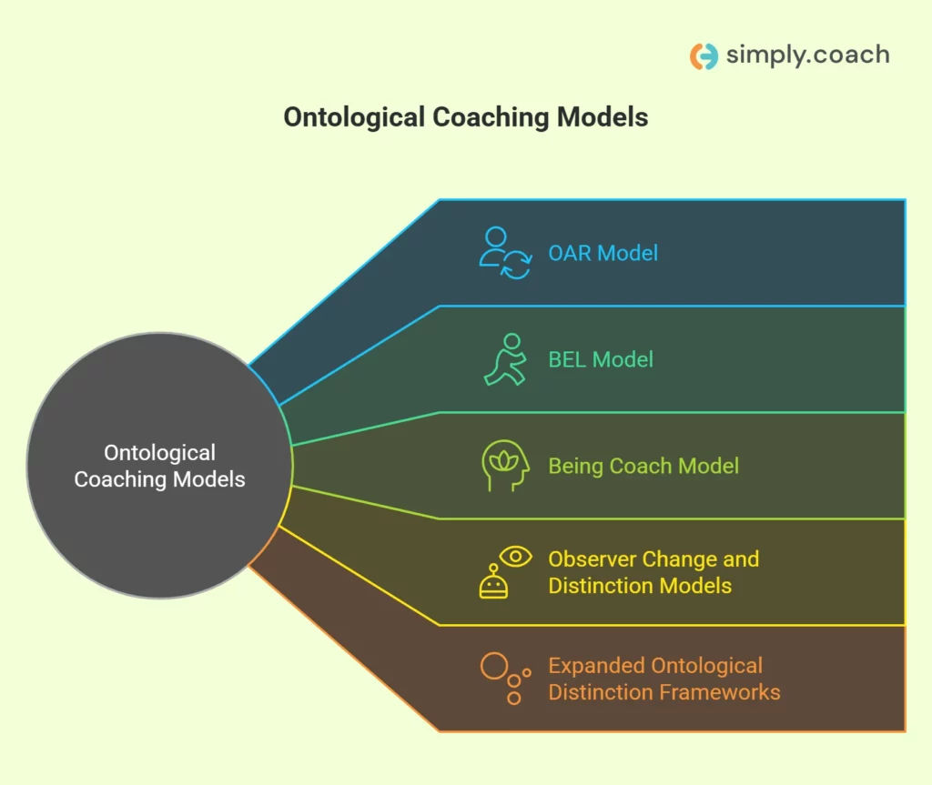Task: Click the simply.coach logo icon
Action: click(x=704, y=55)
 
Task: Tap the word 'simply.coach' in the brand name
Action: click(x=807, y=55)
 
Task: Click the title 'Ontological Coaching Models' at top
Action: click(x=465, y=117)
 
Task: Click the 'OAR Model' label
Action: click(x=603, y=253)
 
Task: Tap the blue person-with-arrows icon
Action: click(x=505, y=253)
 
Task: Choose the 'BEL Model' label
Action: click(x=601, y=359)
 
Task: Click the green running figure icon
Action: click(x=505, y=359)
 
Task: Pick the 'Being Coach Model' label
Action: click(x=643, y=466)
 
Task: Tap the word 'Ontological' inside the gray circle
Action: click(x=159, y=453)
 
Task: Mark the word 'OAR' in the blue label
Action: click(x=569, y=253)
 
